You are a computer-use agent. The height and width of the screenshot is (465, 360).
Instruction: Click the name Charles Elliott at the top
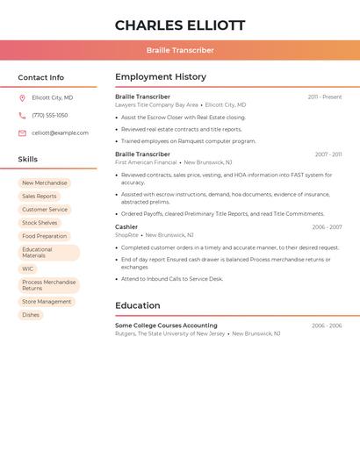pos(180,25)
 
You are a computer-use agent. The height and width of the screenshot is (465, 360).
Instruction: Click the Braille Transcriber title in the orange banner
pos(180,50)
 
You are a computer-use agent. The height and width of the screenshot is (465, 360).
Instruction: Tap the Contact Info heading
pos(40,77)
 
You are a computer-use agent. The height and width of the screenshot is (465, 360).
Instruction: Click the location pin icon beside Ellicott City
pos(22,97)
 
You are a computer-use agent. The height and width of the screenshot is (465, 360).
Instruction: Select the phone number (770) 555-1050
pos(50,115)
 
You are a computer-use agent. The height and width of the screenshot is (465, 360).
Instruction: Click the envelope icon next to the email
pos(22,132)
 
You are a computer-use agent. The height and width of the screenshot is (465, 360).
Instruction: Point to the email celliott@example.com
pos(60,132)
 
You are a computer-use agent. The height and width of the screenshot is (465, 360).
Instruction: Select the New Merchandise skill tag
pos(44,183)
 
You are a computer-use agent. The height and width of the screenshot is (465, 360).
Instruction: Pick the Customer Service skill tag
pos(44,210)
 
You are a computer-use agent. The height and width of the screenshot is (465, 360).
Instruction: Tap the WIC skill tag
pos(28,269)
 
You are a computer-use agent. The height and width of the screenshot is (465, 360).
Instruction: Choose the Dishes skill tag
pos(31,315)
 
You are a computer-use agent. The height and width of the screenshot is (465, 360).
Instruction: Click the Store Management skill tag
pos(47,302)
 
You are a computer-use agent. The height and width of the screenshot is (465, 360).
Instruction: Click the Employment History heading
pos(161,77)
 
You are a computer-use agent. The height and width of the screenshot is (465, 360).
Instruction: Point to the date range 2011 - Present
pos(325,97)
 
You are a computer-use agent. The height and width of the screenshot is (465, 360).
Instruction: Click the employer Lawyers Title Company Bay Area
pos(156,104)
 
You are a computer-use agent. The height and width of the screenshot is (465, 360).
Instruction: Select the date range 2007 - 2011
pos(328,154)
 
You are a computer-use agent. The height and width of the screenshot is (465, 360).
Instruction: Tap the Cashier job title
pos(126,227)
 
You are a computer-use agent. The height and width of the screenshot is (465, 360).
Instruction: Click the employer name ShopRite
pos(126,235)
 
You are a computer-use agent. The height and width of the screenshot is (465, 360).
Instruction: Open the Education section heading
pos(137,305)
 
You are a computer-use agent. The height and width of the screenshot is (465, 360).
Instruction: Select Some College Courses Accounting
pos(166,325)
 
